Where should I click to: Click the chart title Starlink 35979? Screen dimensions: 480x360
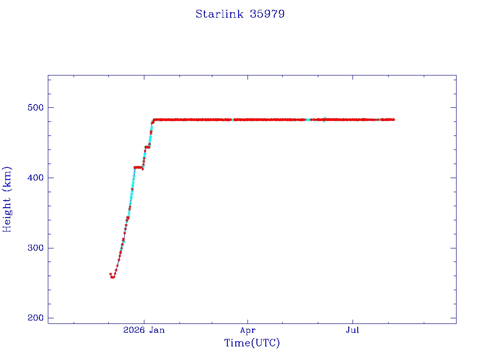click(x=240, y=14)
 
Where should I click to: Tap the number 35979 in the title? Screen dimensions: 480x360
click(x=267, y=14)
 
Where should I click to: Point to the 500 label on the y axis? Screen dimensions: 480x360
click(x=36, y=107)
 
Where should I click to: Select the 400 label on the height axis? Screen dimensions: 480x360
click(x=36, y=178)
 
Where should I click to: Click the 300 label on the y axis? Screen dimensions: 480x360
click(x=36, y=247)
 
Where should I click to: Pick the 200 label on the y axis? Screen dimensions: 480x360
click(x=36, y=318)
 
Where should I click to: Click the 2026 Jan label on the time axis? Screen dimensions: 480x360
click(x=144, y=330)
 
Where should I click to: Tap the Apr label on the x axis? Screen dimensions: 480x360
click(x=247, y=330)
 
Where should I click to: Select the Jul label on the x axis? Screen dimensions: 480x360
click(x=352, y=330)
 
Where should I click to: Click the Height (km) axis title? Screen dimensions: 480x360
click(x=7, y=199)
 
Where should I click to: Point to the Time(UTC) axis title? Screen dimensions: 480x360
click(x=252, y=343)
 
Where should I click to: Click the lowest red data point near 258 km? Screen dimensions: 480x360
click(x=112, y=277)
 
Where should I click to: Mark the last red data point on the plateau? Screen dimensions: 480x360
click(x=393, y=120)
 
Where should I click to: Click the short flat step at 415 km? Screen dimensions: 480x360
click(x=138, y=167)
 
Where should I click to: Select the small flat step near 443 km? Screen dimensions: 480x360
click(x=147, y=147)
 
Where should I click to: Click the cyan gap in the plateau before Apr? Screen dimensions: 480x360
click(x=232, y=120)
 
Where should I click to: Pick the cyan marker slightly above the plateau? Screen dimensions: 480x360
click(x=325, y=118)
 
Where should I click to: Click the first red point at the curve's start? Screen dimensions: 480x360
click(x=111, y=274)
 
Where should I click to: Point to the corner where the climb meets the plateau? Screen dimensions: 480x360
click(x=154, y=120)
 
